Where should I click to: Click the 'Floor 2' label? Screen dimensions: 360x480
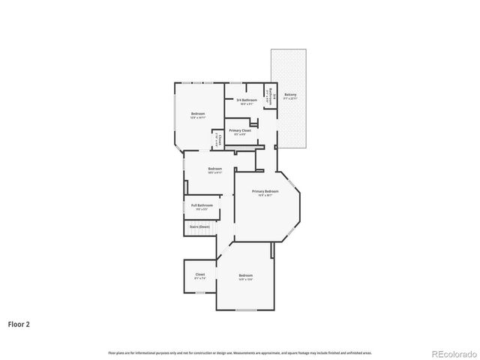(x=19, y=325)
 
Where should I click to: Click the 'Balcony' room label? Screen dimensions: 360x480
(x=290, y=95)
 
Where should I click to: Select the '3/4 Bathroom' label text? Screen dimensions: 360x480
(x=247, y=100)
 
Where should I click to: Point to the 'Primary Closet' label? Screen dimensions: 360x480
(x=240, y=130)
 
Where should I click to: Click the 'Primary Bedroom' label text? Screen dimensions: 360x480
(x=265, y=191)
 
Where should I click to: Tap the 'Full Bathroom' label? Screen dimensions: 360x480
(x=202, y=205)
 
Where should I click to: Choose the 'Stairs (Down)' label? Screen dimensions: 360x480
(x=199, y=226)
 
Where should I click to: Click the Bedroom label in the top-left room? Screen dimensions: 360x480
(x=197, y=114)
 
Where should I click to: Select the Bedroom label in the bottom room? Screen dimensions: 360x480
(x=245, y=275)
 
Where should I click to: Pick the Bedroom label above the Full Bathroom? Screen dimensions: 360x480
(x=215, y=169)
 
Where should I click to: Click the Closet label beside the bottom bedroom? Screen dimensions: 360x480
(x=200, y=274)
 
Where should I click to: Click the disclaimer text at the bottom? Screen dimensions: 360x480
(x=239, y=352)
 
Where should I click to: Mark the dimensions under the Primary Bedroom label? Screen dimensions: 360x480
(x=265, y=196)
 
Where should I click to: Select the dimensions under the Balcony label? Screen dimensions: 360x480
(x=290, y=99)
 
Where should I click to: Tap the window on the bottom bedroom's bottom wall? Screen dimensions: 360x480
(x=246, y=310)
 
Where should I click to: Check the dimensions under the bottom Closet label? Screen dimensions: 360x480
(x=200, y=278)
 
